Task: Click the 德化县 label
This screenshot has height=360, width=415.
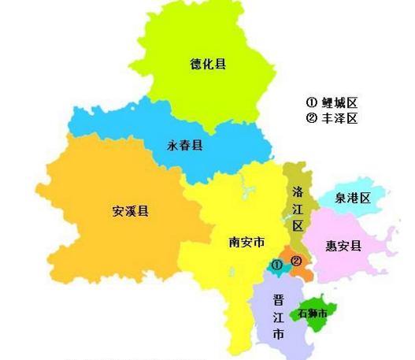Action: [208, 64]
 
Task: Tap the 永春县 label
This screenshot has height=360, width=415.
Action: [185, 146]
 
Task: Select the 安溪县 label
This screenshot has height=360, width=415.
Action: [132, 211]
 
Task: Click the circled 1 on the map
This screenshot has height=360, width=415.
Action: [277, 265]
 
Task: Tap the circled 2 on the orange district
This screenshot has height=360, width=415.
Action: [296, 261]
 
